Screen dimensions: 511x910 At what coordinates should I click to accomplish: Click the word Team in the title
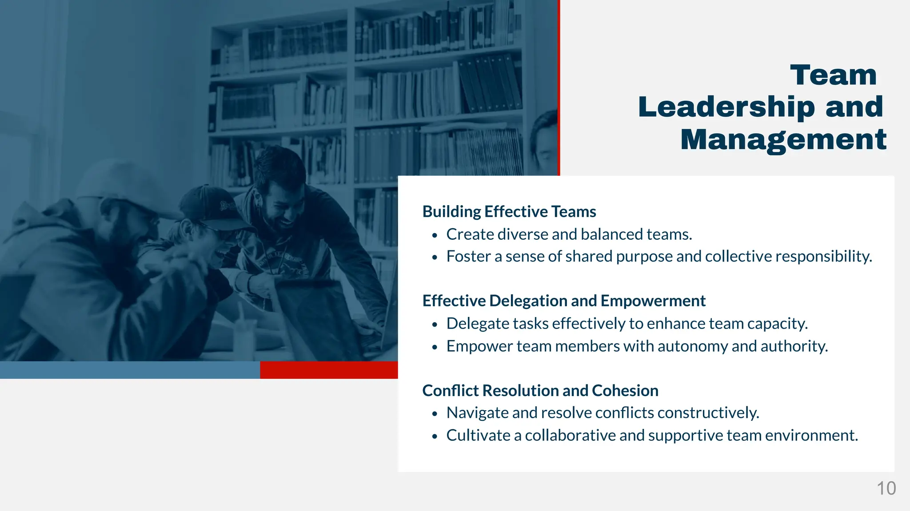(x=833, y=75)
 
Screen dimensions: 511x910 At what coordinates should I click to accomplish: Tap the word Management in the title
(x=783, y=139)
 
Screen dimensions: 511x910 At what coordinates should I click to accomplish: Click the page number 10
(x=886, y=488)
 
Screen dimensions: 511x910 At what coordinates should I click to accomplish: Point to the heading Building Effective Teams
(x=509, y=212)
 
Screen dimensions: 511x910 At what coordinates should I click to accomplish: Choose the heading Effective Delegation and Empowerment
(x=563, y=301)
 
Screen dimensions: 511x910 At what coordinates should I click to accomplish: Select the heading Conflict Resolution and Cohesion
(x=540, y=391)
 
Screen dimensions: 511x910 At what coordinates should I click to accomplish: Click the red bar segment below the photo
(x=329, y=370)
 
